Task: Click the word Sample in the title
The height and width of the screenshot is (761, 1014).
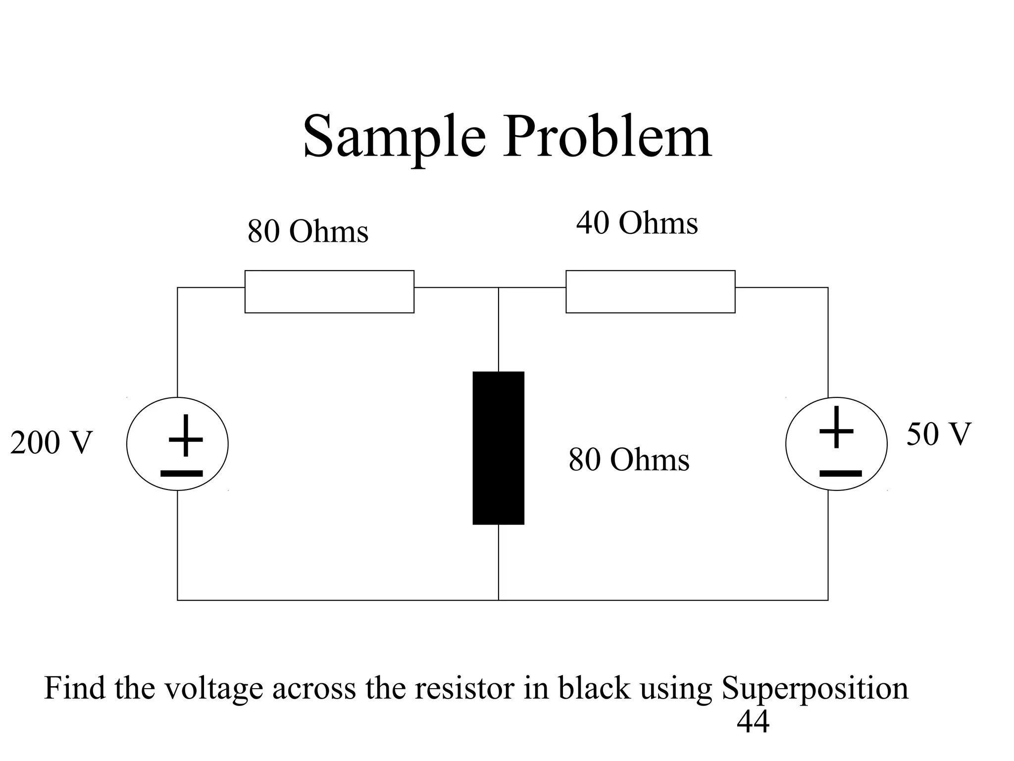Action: pyautogui.click(x=394, y=137)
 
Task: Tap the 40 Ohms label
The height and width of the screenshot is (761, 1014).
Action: pyautogui.click(x=637, y=223)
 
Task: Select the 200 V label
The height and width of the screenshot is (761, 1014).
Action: pyautogui.click(x=51, y=442)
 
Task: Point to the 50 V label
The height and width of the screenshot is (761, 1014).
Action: pyautogui.click(x=939, y=434)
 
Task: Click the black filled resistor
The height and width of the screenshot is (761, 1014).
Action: pyautogui.click(x=498, y=447)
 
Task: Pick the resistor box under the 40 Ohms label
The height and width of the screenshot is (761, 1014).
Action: pyautogui.click(x=650, y=292)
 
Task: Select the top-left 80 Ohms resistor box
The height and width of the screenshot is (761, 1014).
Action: pyautogui.click(x=329, y=292)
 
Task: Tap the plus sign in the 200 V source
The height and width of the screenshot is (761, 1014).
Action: pyautogui.click(x=186, y=435)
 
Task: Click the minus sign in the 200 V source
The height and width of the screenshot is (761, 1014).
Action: pyautogui.click(x=182, y=474)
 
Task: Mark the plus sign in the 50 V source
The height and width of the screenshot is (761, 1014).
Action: pyautogui.click(x=837, y=428)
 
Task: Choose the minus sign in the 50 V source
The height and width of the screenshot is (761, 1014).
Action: pyautogui.click(x=840, y=474)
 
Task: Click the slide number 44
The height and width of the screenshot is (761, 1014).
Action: pyautogui.click(x=753, y=722)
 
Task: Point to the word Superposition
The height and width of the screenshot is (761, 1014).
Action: pyautogui.click(x=814, y=689)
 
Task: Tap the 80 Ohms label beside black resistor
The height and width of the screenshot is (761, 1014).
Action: pyautogui.click(x=628, y=460)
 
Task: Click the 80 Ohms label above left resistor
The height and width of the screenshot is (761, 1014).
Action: pyautogui.click(x=307, y=231)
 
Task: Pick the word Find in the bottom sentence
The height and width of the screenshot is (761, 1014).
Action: pyautogui.click(x=75, y=688)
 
